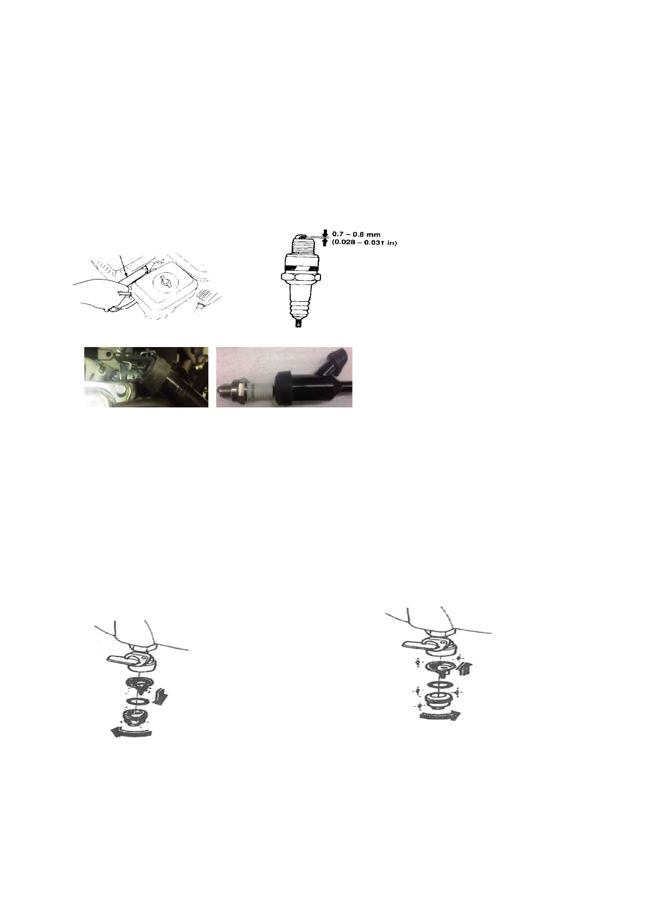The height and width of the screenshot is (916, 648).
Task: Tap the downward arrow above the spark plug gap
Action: [325, 233]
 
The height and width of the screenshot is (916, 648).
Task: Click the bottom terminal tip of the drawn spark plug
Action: [298, 324]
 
